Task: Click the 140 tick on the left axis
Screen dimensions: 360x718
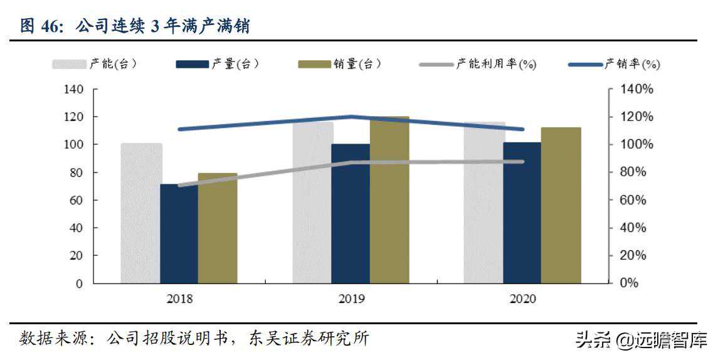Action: pos(74,90)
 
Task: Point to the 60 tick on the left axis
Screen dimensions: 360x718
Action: pos(77,200)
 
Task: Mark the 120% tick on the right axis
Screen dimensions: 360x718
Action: pos(637,117)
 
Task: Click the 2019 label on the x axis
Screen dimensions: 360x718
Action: pos(351,299)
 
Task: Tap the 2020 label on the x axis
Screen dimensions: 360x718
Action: pos(522,299)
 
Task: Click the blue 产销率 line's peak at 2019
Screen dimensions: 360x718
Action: pos(351,117)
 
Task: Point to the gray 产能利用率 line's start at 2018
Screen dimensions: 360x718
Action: pos(179,185)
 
